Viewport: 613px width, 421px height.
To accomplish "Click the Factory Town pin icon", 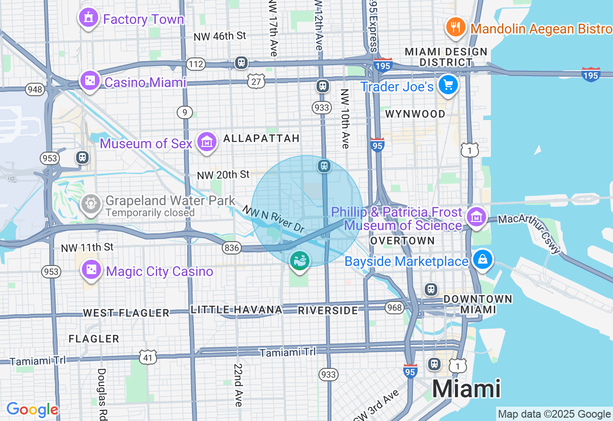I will [x=88, y=18].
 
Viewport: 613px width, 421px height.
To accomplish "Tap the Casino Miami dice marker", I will [x=90, y=81].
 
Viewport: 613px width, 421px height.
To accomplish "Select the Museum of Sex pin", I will [x=207, y=142].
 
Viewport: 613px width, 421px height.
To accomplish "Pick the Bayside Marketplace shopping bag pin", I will [x=482, y=260].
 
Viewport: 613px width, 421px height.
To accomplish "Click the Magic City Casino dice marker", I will [x=91, y=270].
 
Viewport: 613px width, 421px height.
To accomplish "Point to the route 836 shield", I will [x=231, y=247].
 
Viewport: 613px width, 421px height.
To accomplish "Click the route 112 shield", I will [x=196, y=64].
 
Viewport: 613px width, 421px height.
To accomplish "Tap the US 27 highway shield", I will [x=256, y=81].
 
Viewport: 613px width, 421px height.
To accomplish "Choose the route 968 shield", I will [x=395, y=307].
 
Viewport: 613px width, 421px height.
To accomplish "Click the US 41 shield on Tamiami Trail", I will [x=148, y=357].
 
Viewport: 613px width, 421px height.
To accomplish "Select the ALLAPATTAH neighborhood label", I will [x=261, y=138].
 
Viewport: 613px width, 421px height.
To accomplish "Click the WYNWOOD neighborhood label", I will [x=415, y=114].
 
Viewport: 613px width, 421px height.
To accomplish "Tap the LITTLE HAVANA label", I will [x=237, y=310].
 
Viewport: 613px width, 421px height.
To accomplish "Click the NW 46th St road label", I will [x=220, y=36].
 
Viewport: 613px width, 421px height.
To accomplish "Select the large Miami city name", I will [x=466, y=389].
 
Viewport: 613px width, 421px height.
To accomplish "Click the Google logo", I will [x=33, y=410].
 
